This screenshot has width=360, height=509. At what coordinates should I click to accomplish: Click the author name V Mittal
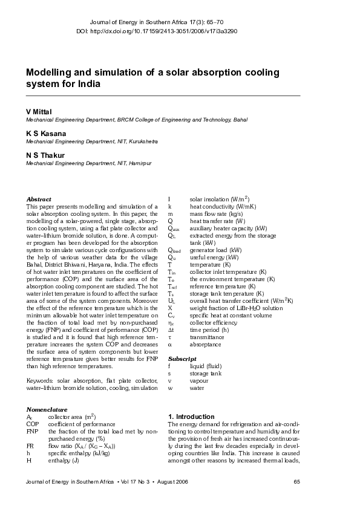40,112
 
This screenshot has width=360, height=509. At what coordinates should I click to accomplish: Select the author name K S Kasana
46,133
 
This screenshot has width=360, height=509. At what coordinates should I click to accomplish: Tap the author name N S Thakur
45,155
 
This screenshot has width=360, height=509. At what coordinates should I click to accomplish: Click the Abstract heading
39,199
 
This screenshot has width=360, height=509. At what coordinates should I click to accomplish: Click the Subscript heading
180,359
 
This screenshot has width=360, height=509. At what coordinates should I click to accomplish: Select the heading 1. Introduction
191,417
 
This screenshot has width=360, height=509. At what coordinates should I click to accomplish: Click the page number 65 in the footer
296,482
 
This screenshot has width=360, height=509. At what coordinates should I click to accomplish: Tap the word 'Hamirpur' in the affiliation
139,163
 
